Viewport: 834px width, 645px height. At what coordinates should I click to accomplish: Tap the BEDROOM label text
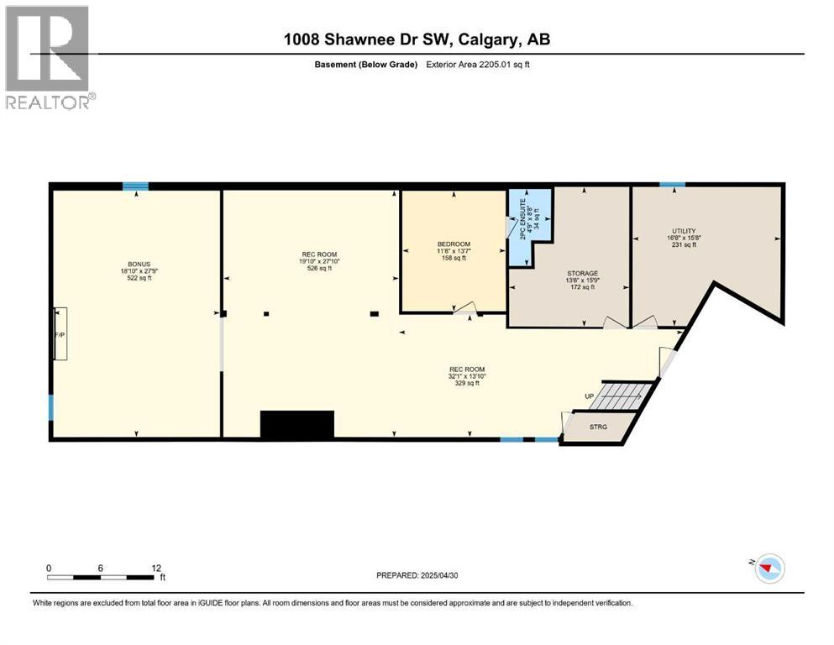(453, 244)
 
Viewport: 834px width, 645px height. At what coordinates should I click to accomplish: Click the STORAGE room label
(582, 274)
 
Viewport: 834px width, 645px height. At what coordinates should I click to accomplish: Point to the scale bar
(101, 577)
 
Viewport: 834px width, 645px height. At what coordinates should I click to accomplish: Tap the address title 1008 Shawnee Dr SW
(417, 39)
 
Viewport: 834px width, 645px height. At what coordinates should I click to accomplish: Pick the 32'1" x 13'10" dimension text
(467, 376)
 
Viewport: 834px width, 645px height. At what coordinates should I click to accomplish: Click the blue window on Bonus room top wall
(135, 186)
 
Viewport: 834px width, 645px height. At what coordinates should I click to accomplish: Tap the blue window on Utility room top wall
(671, 185)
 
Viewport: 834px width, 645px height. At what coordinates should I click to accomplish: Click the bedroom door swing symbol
(467, 310)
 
